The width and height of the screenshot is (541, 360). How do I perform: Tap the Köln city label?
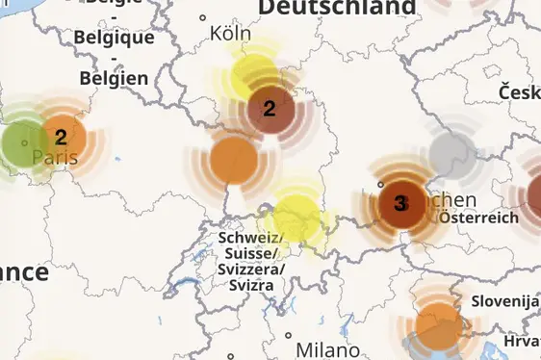point(230,34)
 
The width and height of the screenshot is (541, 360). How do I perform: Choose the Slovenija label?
point(504,301)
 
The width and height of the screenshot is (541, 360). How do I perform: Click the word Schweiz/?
point(250,238)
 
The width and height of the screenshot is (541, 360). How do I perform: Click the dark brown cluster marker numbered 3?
point(400,203)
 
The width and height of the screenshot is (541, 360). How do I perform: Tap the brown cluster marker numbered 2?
point(270,108)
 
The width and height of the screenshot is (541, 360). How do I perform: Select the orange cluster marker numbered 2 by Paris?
point(62,138)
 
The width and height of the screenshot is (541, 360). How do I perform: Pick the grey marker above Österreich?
point(449,151)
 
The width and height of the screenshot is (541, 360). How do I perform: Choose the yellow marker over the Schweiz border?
point(296,216)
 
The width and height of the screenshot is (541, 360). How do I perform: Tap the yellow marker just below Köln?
point(253,73)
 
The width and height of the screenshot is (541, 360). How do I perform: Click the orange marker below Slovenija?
point(439,325)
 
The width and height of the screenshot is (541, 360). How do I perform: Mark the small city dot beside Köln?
point(203,17)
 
